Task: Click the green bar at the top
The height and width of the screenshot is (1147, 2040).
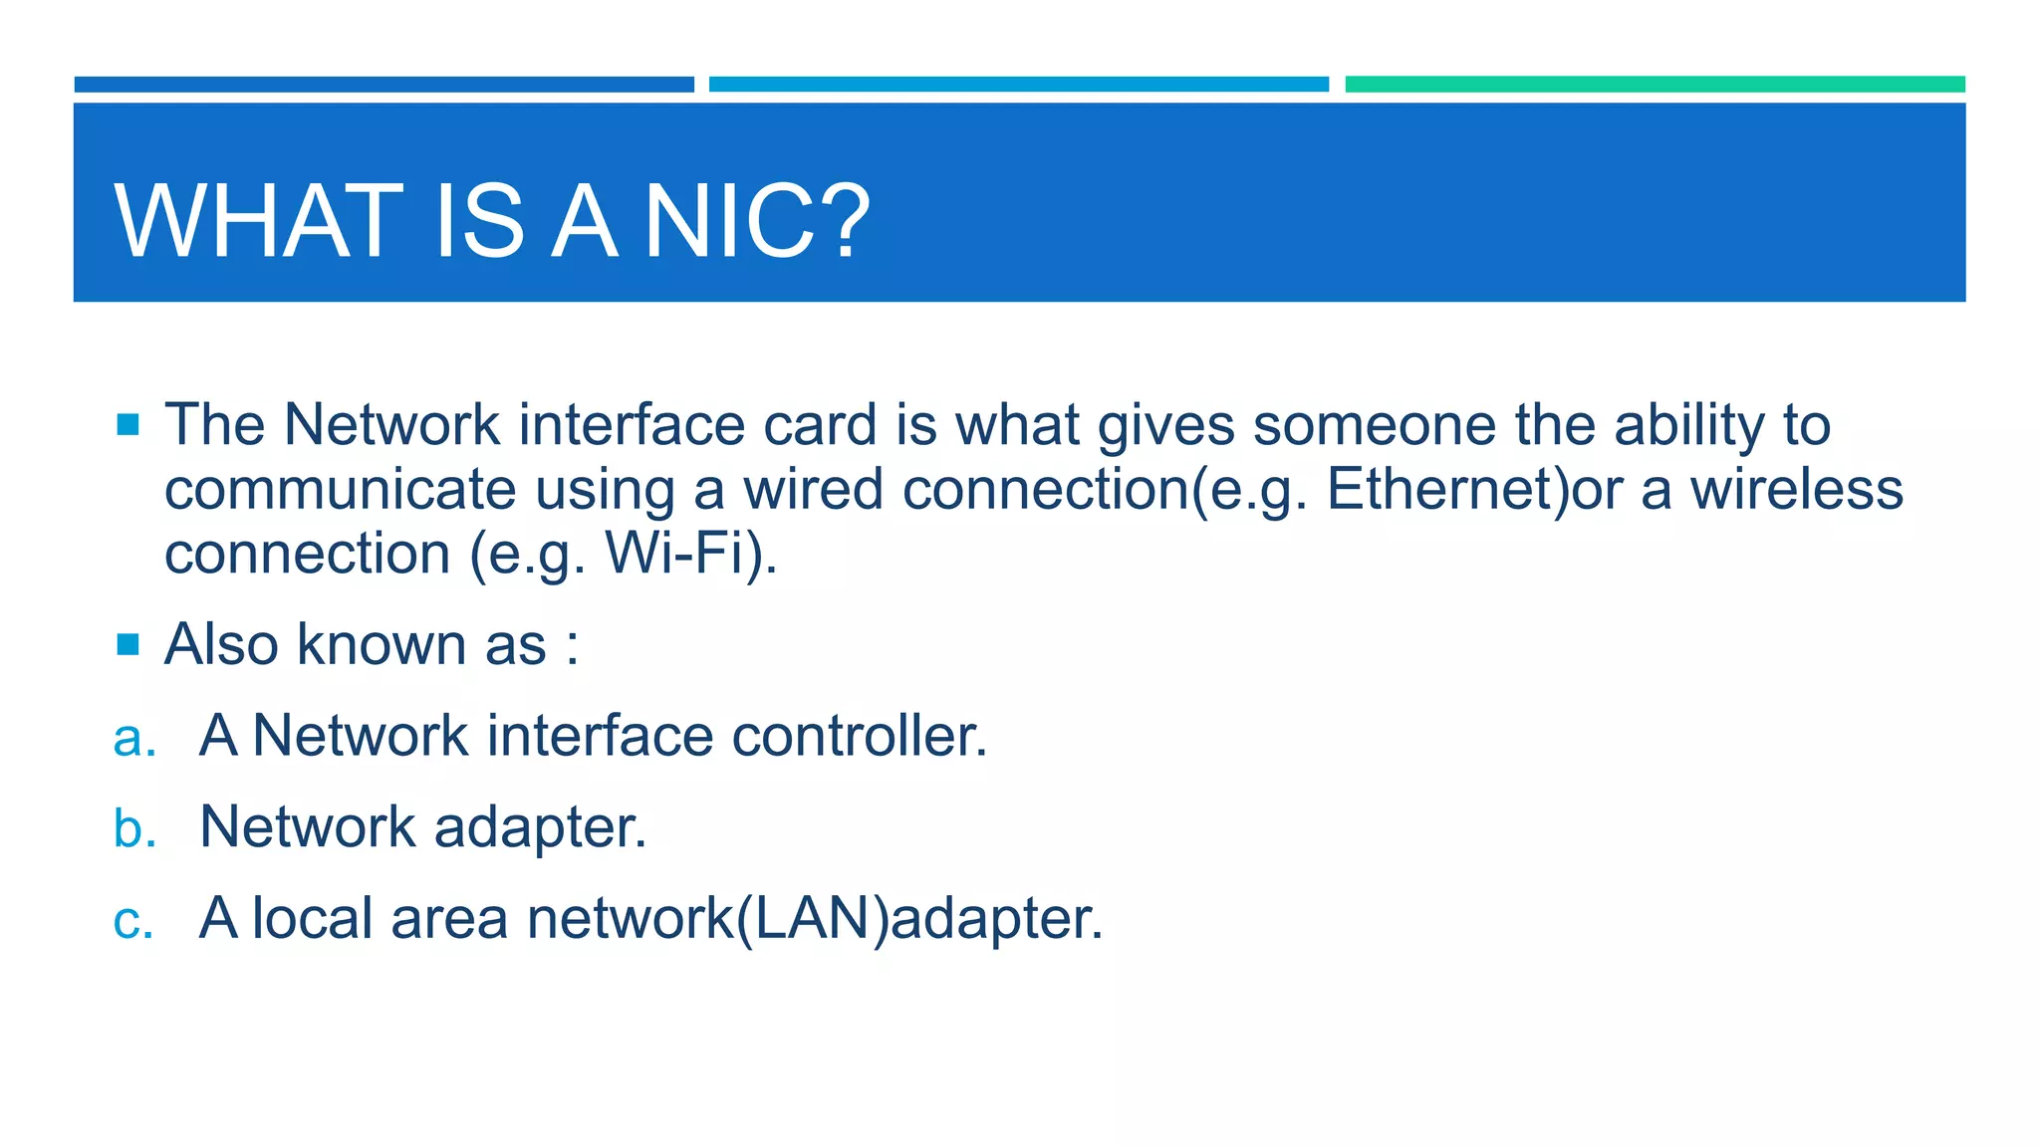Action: pyautogui.click(x=1654, y=85)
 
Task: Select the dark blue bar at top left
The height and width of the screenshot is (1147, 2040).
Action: pyautogui.click(x=383, y=85)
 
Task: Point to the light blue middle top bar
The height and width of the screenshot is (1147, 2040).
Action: pyautogui.click(x=1018, y=85)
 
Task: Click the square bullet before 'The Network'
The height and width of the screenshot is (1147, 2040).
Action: pyautogui.click(x=127, y=425)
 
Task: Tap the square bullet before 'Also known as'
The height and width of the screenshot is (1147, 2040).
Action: pyautogui.click(x=127, y=645)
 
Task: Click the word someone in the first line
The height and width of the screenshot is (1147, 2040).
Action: pyautogui.click(x=1374, y=425)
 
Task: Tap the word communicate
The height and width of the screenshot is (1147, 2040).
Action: pyautogui.click(x=340, y=490)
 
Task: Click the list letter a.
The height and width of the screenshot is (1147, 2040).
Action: pyautogui.click(x=134, y=738)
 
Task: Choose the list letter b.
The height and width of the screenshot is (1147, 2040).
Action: pyautogui.click(x=134, y=828)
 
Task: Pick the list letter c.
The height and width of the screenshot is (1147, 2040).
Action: pyautogui.click(x=133, y=920)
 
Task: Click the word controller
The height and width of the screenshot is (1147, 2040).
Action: pyautogui.click(x=859, y=737)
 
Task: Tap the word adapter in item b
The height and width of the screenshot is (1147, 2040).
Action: pyautogui.click(x=539, y=828)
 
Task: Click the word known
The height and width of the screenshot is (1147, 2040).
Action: pyautogui.click(x=382, y=644)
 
